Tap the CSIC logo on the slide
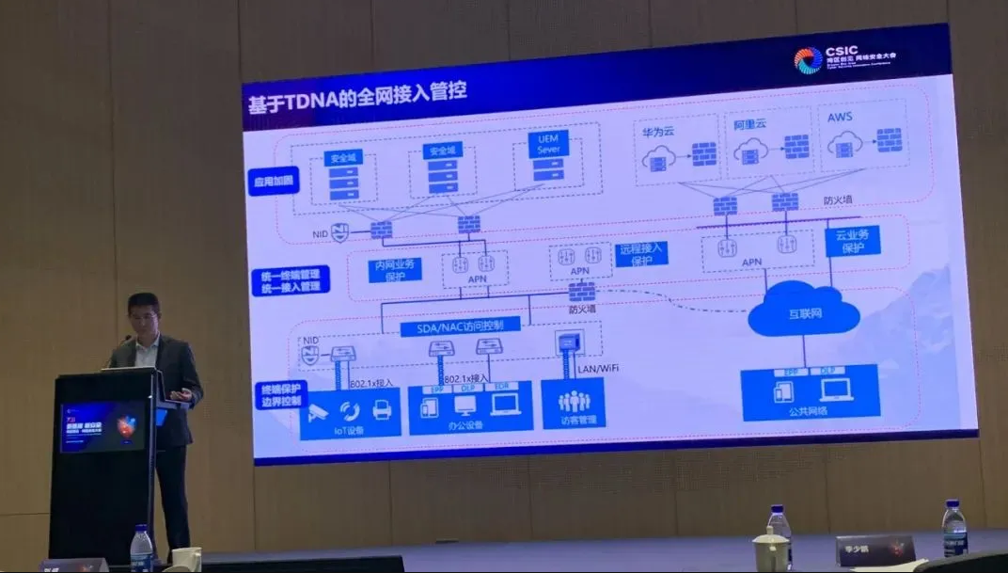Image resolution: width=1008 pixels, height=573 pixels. click(808, 60)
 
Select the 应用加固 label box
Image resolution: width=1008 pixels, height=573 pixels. click(274, 180)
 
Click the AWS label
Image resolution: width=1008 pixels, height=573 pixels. click(840, 119)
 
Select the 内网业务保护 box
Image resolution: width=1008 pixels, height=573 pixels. click(394, 270)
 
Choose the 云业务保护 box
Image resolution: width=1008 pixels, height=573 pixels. click(852, 240)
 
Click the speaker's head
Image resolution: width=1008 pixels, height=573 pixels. click(143, 316)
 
